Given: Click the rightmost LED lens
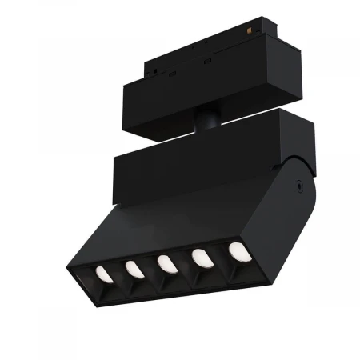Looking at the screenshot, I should coord(238,250).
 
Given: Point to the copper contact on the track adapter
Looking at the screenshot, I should coord(257,32).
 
